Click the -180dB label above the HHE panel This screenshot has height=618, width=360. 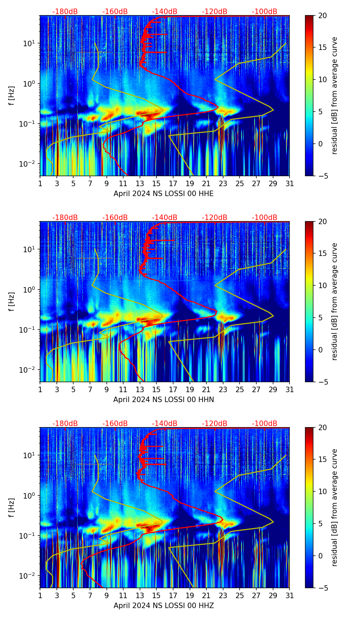(65, 12)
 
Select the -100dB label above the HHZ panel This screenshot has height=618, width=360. (265, 424)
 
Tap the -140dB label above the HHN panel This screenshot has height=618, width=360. (165, 218)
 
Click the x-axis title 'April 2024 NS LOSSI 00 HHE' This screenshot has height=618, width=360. (164, 194)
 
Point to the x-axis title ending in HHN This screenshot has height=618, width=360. (164, 400)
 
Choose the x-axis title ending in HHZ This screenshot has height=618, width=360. (164, 606)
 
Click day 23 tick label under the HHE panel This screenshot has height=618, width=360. (223, 184)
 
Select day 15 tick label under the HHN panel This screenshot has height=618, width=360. (156, 390)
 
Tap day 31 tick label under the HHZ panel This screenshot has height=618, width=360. (290, 596)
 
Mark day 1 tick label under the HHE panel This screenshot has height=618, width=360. (40, 184)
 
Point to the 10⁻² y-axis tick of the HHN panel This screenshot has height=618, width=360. (29, 370)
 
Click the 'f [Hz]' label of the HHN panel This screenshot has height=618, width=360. (12, 301)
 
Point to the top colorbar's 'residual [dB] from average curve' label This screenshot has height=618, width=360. (334, 95)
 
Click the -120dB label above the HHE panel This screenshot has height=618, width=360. (215, 12)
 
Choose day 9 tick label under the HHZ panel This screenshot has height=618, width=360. (107, 596)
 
